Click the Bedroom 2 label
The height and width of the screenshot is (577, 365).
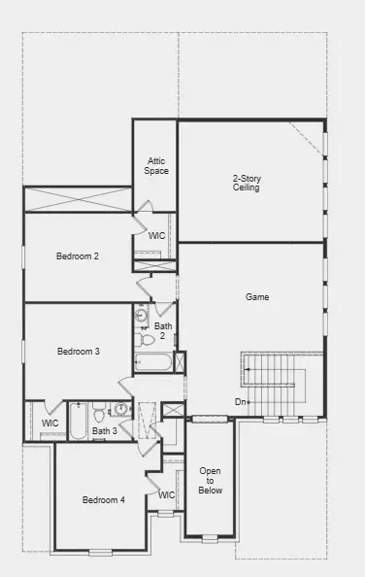pos(78,256)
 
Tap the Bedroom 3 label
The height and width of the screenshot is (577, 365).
pos(78,351)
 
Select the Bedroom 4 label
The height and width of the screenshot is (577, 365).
pos(103,500)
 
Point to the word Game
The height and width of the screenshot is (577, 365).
pos(257,297)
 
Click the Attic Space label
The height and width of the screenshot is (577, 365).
pos(157,166)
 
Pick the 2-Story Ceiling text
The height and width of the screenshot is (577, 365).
pos(252,183)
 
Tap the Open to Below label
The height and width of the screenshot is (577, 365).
pos(211,481)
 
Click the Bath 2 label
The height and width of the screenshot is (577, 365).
pos(163,331)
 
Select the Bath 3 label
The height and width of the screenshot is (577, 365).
pos(105,430)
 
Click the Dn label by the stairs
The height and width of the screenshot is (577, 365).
pos(241,401)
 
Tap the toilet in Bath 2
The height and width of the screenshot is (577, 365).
pos(145,340)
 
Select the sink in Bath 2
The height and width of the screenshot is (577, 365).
pos(141,316)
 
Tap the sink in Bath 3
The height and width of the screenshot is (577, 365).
pos(121,409)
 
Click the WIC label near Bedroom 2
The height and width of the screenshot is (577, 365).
pos(157,236)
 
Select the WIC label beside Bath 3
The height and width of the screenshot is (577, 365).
pos(50,424)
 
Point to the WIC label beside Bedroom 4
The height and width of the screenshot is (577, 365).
pos(167,494)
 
